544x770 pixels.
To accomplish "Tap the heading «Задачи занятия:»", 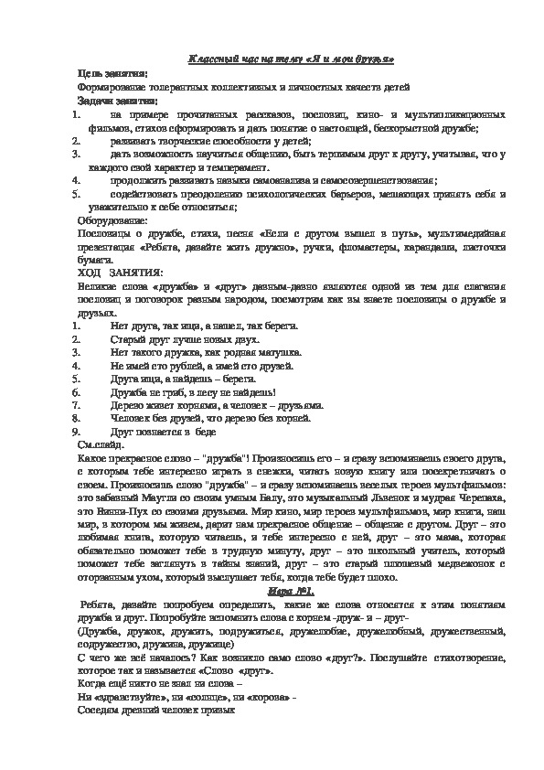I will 117,100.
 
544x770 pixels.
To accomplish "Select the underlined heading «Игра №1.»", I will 291,593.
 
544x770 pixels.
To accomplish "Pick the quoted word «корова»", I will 259,697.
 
